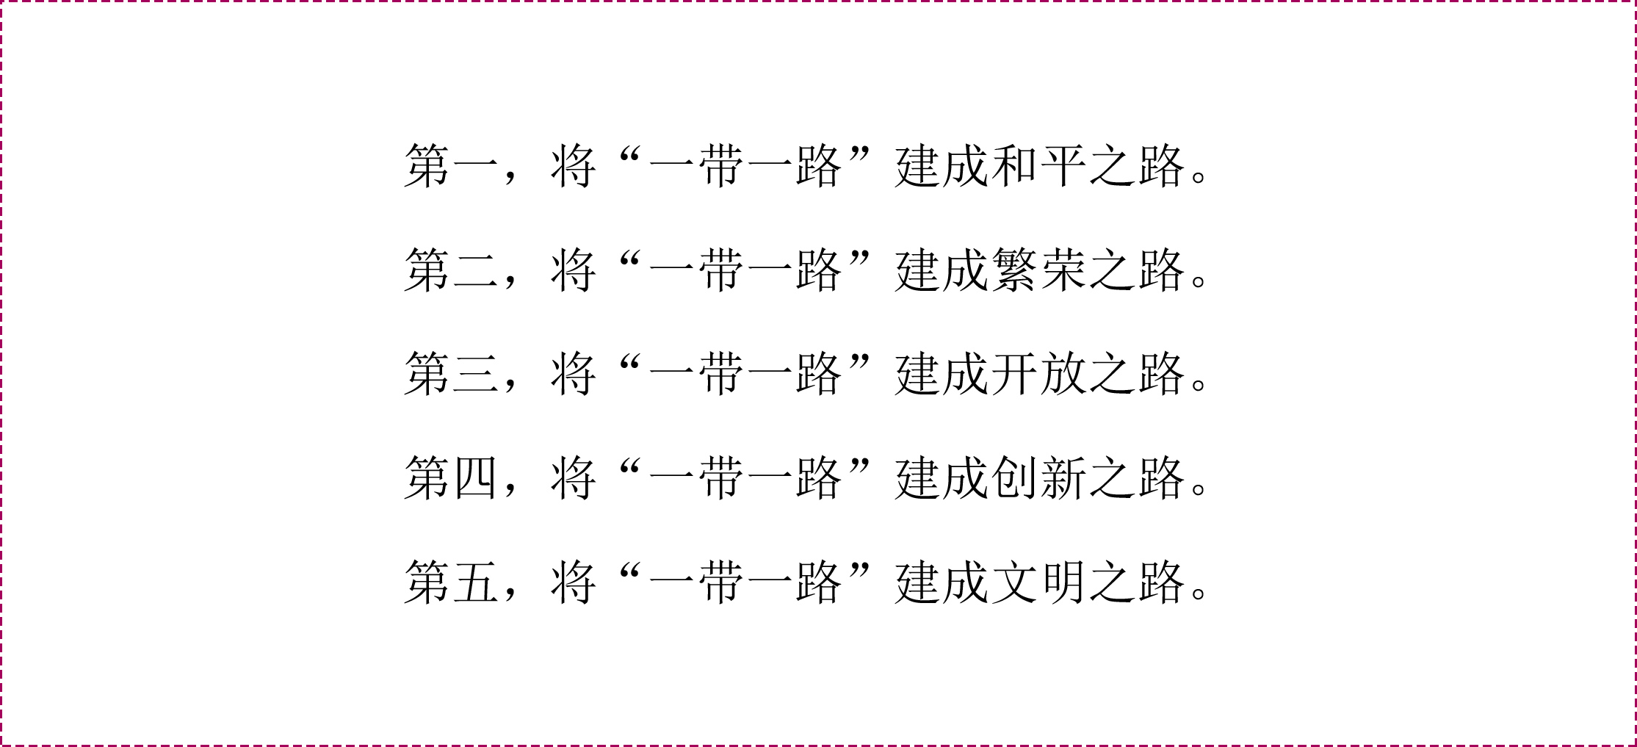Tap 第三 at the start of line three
[451, 375]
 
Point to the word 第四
[451, 479]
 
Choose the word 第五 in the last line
[451, 583]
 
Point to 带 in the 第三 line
[721, 375]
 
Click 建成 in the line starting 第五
[941, 583]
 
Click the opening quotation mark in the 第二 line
[630, 259]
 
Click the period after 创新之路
[1199, 490]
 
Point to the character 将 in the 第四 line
[574, 479]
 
